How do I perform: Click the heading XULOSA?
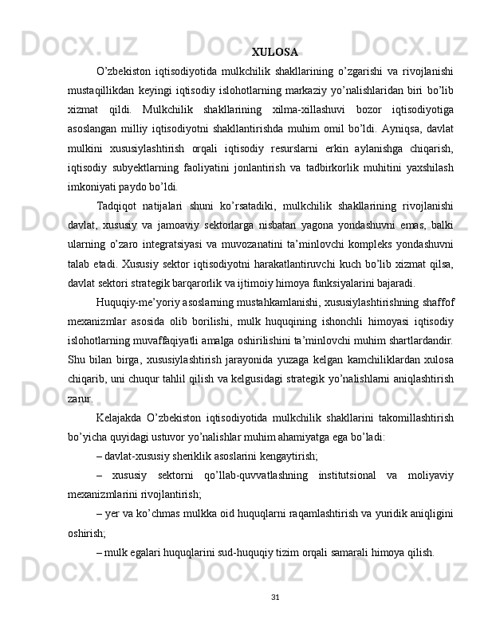click(275, 53)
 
